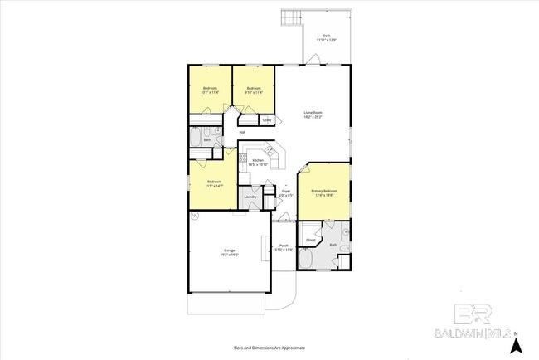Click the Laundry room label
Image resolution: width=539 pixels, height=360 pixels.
point(250,197)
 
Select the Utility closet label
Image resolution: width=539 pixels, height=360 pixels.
point(266,120)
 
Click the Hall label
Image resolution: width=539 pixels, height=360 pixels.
point(242,133)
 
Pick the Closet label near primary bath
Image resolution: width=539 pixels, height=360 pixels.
point(310,241)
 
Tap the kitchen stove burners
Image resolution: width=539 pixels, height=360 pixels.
point(243,158)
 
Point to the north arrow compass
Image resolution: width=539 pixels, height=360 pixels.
point(517,341)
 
